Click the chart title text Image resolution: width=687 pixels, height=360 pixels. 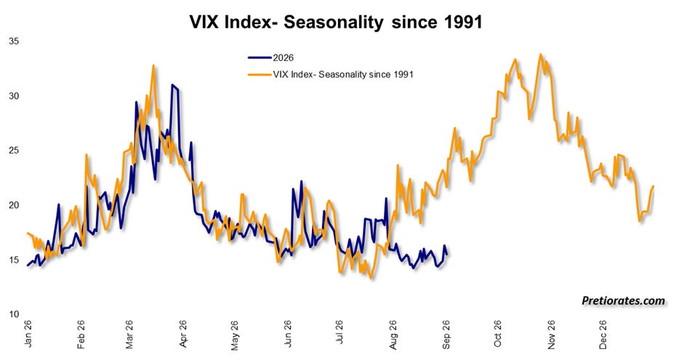336,22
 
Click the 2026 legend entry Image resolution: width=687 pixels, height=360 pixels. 270,58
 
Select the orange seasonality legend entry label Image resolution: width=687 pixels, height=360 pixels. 343,74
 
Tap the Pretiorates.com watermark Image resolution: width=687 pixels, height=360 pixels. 623,301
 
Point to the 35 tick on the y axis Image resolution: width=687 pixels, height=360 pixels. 14,41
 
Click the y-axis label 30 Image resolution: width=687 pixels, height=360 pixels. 14,96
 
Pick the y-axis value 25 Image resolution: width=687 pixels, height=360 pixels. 14,151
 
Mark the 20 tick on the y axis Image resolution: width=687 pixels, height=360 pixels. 14,205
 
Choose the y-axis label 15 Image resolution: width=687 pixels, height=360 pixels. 14,260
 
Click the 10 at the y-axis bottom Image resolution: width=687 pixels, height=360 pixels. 14,314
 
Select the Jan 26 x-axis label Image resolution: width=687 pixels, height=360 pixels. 28,334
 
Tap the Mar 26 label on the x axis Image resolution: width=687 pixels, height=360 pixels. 129,335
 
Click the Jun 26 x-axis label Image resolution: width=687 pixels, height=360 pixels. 287,334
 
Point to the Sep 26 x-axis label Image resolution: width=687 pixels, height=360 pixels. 446,335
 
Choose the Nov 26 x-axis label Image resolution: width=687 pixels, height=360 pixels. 551,335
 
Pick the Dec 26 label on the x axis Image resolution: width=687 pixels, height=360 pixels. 603,335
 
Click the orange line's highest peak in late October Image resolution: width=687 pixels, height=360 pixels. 541,55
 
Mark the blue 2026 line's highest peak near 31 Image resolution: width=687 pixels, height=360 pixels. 172,84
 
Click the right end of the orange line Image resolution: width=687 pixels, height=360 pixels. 654,186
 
